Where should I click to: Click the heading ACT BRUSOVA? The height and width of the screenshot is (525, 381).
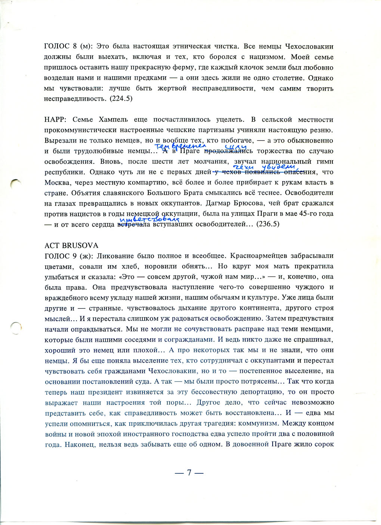click(71, 245)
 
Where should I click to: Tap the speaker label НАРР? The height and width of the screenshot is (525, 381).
click(56, 120)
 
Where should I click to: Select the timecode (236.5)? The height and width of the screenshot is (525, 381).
click(268, 225)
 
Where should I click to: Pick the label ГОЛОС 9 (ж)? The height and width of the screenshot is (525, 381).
click(66, 256)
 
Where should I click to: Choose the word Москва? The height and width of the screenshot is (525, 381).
click(57, 183)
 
